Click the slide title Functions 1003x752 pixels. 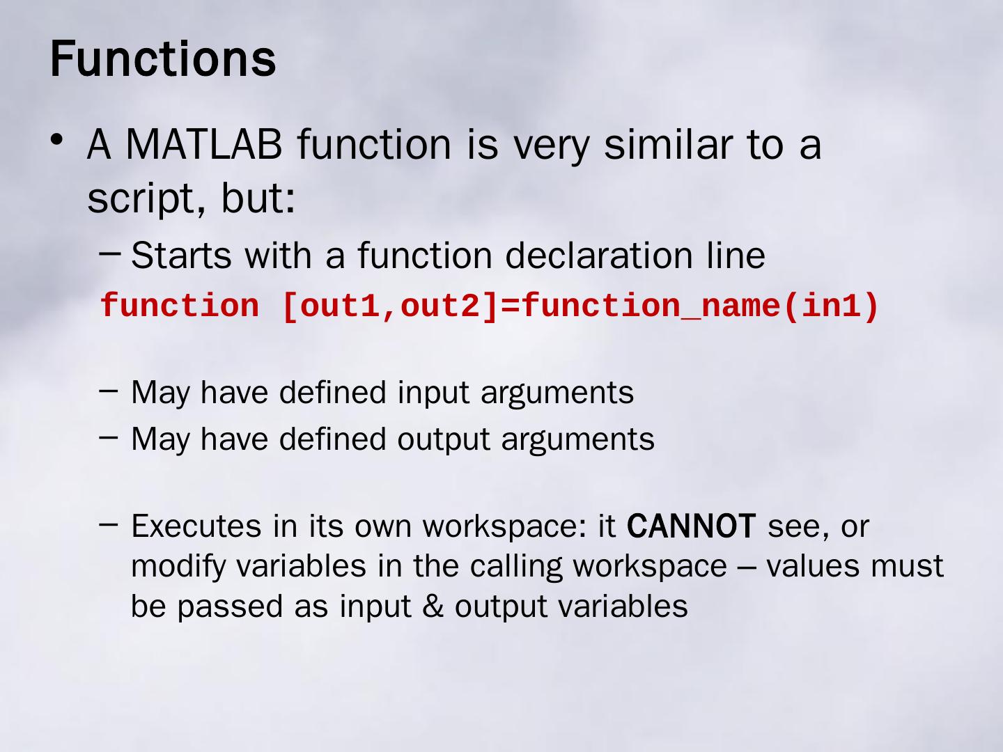coord(163,58)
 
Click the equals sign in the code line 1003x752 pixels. coord(510,306)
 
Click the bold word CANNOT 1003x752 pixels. coord(691,526)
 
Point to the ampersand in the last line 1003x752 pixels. coord(433,606)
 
